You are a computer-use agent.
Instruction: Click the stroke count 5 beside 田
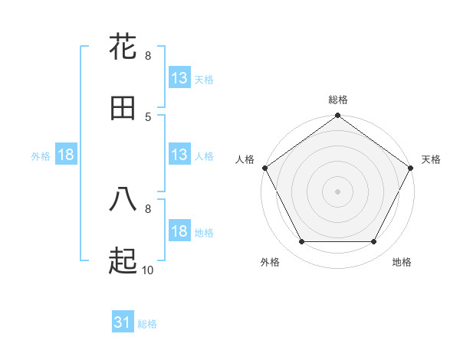coord(148,116)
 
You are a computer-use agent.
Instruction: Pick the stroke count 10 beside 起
coord(148,270)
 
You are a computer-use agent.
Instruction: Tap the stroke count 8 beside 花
coord(148,55)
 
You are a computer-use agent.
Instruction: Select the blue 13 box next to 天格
coord(179,78)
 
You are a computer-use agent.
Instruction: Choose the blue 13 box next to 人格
coord(179,155)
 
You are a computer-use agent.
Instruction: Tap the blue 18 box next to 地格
coord(179,231)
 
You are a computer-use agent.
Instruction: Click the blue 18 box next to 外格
coord(66,155)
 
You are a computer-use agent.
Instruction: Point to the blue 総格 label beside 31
coord(147,324)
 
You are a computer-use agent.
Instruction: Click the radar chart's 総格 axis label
coord(338,100)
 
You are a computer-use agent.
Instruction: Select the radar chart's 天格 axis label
coord(432,159)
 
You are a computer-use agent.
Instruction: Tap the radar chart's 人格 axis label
coord(245,159)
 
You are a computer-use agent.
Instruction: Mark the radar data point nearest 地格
coord(374,242)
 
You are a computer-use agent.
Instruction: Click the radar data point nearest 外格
coord(301,242)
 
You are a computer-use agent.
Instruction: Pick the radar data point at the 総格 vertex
coord(338,116)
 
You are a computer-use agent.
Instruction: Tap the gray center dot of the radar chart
coord(338,191)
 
